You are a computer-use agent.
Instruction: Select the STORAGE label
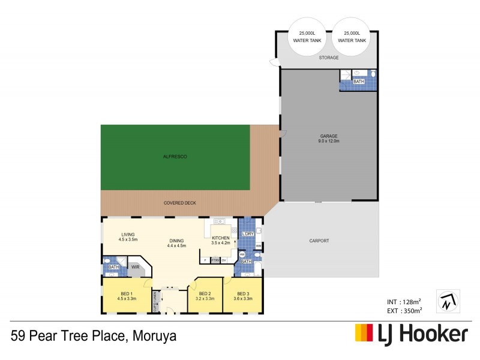coord(329,58)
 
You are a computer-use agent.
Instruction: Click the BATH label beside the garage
coord(359,81)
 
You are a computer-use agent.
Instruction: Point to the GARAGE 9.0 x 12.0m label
coord(329,139)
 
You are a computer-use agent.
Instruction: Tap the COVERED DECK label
coord(180,203)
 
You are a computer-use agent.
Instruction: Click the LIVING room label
coord(128,236)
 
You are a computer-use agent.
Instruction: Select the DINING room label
coord(176,243)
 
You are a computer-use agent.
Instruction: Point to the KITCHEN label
coord(221,241)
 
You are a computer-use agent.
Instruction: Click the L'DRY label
coord(247,233)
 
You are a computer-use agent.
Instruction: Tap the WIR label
coord(136,268)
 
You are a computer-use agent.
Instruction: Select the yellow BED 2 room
coord(205,296)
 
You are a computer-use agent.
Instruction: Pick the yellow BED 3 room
coord(242,296)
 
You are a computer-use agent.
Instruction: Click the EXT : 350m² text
coord(404,310)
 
